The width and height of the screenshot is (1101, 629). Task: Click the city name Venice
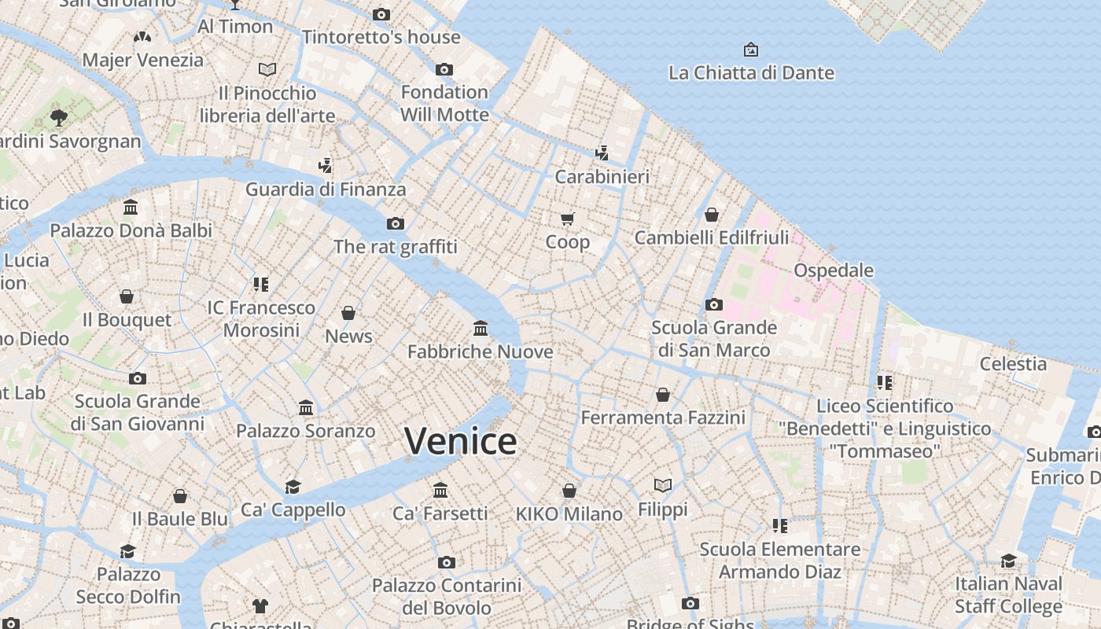click(x=460, y=440)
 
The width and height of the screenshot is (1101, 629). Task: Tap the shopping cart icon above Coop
click(x=568, y=219)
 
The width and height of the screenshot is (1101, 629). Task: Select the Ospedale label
click(x=834, y=270)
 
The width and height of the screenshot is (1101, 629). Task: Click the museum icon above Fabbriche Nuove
click(x=481, y=328)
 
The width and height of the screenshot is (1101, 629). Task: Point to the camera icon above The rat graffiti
click(x=396, y=224)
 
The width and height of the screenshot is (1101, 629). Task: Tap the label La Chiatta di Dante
click(x=751, y=73)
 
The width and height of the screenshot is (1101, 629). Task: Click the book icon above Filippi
click(x=663, y=486)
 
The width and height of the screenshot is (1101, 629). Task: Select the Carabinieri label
click(x=602, y=177)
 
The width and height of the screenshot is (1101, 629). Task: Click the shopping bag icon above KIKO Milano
click(x=569, y=491)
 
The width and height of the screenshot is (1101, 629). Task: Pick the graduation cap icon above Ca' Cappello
click(x=293, y=487)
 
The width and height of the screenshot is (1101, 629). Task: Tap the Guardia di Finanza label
click(x=326, y=189)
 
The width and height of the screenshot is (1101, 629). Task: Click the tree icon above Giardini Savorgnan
click(x=58, y=118)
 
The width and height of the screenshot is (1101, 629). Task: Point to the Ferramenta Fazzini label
click(x=663, y=417)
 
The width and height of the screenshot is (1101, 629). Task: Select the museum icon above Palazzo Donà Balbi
click(x=131, y=208)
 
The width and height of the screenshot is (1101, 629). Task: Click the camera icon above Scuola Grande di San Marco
click(x=714, y=304)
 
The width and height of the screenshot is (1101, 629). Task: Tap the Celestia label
click(x=1013, y=364)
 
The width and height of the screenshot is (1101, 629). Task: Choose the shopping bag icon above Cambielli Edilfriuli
click(x=712, y=215)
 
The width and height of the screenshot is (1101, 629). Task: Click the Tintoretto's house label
click(x=381, y=37)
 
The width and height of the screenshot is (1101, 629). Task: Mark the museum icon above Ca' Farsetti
click(x=440, y=491)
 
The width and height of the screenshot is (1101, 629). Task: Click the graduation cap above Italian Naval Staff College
click(x=1009, y=561)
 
